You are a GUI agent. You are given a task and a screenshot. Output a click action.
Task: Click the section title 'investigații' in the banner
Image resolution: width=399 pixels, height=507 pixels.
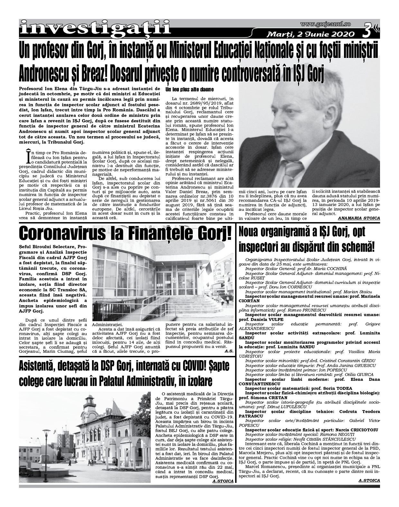[95, 27]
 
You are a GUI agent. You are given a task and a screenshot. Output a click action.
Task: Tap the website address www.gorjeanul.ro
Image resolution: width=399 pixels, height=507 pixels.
[325, 24]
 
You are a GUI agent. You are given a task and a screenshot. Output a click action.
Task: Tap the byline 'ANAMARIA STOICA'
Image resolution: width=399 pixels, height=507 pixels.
[359, 218]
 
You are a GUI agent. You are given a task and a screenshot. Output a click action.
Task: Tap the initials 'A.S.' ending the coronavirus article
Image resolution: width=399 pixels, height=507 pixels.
[229, 351]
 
